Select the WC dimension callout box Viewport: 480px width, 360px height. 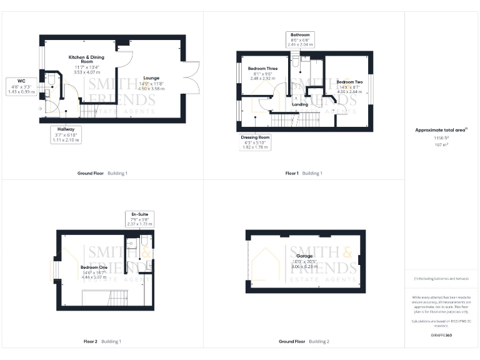pos(21,86)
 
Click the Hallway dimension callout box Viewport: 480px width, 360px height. pos(66,134)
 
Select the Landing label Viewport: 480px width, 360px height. pos(300,104)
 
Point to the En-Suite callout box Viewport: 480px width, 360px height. pos(139,218)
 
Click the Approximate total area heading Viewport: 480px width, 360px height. pos(441,130)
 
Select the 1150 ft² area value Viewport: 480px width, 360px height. pos(441,137)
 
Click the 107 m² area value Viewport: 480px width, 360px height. pos(441,144)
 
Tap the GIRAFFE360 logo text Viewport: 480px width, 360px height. pos(441,336)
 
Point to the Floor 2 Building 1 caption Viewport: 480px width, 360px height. pos(102,342)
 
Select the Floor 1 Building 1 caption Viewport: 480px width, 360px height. pos(304,172)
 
